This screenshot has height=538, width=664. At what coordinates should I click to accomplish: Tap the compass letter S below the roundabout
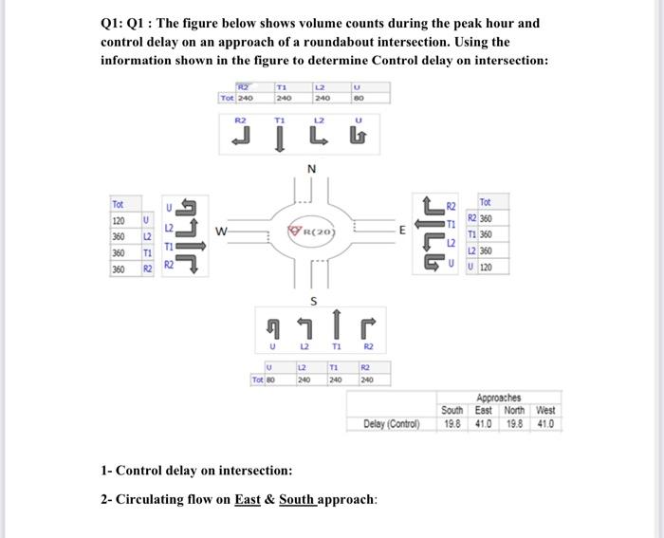pos(312,300)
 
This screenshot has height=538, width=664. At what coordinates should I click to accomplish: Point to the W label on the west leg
pos(221,229)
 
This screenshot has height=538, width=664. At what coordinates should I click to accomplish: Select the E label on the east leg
pos(402,229)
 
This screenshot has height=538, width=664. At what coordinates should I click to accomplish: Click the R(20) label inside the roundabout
pos(313,231)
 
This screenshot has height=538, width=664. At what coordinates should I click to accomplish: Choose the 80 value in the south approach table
pos(271,380)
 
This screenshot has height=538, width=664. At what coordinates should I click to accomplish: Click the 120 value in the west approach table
pos(119,219)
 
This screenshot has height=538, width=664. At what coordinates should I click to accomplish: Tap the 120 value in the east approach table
pos(486,267)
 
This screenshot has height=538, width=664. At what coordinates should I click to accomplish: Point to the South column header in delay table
pos(453,410)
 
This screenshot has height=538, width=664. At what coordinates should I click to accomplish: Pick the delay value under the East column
pos(484,423)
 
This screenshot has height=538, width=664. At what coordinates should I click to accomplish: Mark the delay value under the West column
pos(545,423)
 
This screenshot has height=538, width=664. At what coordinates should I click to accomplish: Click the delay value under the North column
pos(514,423)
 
